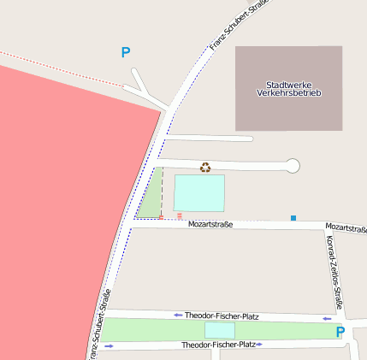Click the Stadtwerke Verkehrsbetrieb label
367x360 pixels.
pos(288,88)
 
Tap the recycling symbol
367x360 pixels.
pos(205,167)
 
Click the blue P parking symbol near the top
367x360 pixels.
pos(126,53)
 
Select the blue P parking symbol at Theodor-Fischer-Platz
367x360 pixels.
pos(340,332)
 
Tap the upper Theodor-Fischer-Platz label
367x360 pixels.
pos(222,316)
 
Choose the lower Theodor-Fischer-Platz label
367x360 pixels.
pos(218,345)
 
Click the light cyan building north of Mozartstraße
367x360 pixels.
pos(199,193)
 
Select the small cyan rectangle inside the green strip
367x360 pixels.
pos(219,330)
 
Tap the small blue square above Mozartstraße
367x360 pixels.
pos(293,218)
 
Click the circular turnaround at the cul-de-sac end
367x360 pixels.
pos(293,166)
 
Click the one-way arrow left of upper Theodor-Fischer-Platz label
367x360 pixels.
pos(178,316)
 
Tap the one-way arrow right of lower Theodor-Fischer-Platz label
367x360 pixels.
pos(258,345)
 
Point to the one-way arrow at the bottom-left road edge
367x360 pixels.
pos(109,346)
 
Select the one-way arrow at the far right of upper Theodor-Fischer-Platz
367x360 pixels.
pos(327,318)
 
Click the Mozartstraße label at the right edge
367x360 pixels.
pos(346,228)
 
